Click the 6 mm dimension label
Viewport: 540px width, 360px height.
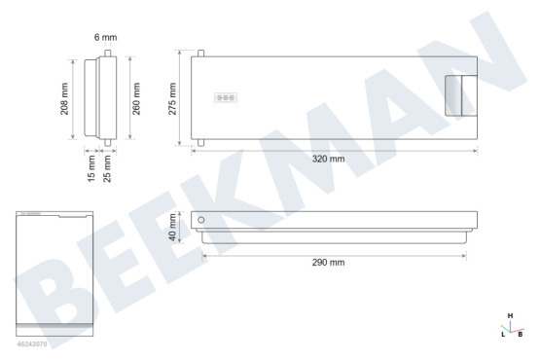coord(106,37)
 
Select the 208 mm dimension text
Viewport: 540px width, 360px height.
coord(64,99)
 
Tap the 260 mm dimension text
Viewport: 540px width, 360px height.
coord(136,99)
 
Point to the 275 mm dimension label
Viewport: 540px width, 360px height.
coord(172,99)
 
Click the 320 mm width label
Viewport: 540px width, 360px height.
coord(328,159)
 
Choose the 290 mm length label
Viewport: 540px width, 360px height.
coord(328,263)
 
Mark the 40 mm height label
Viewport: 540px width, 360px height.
coord(172,228)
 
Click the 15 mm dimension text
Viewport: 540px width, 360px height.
coord(91,168)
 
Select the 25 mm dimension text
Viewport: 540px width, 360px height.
coord(107,168)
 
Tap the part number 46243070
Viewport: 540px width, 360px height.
coord(32,343)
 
